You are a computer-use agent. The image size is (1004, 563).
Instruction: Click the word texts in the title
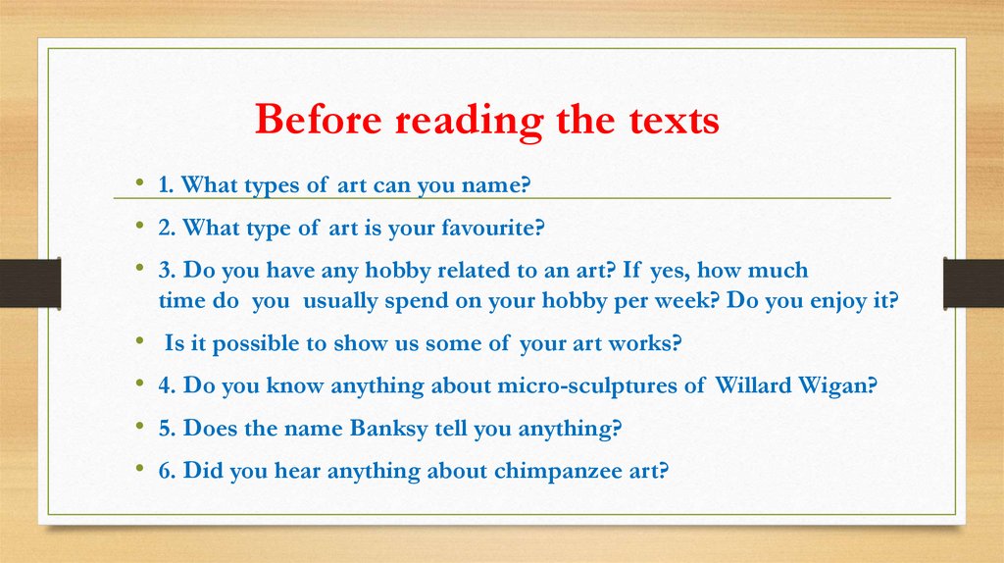(x=671, y=122)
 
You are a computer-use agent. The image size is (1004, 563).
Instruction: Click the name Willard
(x=751, y=385)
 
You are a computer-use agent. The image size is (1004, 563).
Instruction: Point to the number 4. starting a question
(x=166, y=385)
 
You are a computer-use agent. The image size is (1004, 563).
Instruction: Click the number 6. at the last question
(x=166, y=471)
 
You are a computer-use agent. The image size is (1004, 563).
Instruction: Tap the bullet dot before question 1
(x=141, y=184)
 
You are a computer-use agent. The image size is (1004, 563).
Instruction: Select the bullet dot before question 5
(x=141, y=428)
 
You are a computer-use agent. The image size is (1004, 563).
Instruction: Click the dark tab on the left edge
(x=30, y=282)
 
